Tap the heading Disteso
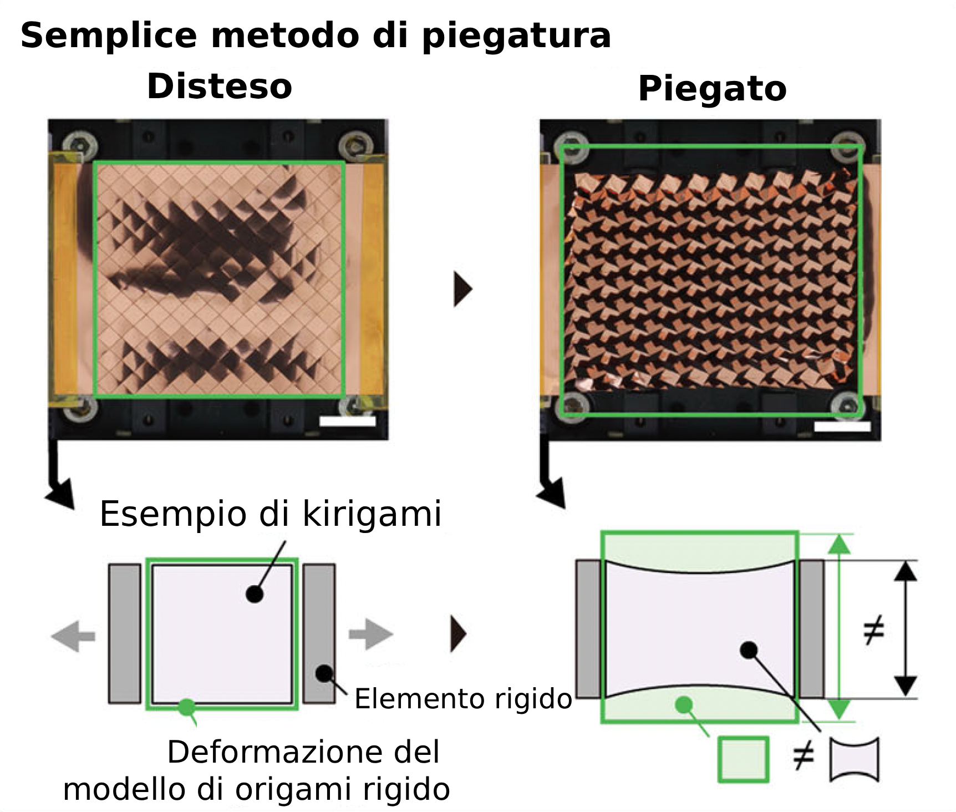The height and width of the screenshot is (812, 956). coord(220,87)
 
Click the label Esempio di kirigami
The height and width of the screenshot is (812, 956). coord(271,514)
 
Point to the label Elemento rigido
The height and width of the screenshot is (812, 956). coord(463,698)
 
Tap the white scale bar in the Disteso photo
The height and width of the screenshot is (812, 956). coord(348,421)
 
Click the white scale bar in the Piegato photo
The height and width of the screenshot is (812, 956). coord(842,426)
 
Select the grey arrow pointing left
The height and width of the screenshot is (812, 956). coord(73,636)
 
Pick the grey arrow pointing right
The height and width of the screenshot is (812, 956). coord(371,634)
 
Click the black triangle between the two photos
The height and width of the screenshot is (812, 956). coord(462,289)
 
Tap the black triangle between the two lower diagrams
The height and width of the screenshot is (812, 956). coord(459,633)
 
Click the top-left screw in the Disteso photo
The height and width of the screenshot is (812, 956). coord(80,145)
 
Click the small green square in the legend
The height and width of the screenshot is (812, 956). coord(743,759)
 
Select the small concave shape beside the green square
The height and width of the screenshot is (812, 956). coord(855,759)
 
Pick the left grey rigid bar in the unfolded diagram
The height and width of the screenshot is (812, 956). coord(125,633)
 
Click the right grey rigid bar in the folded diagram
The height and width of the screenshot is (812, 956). coord(811,628)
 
